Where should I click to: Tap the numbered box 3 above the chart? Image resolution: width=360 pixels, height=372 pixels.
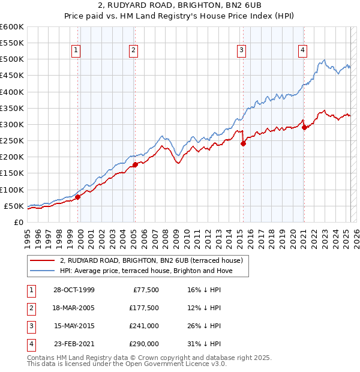[x=241, y=51]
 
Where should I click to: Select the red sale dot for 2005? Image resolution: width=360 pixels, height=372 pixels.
[x=135, y=164]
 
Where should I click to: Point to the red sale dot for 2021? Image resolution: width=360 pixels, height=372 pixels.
[x=304, y=127]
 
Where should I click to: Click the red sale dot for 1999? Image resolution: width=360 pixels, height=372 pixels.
[x=78, y=197]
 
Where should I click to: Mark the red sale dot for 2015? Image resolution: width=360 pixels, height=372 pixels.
[x=243, y=143]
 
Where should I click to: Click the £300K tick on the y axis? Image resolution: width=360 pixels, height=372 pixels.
[x=11, y=124]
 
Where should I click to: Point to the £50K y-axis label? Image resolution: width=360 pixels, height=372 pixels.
[x=14, y=206]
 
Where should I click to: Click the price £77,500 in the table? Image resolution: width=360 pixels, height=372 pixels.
[x=145, y=290]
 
